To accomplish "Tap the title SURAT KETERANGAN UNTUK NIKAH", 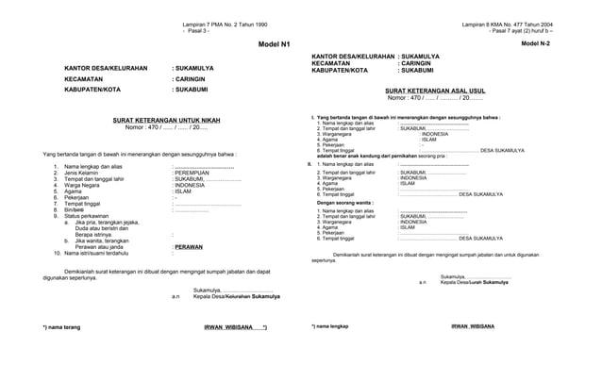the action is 166,120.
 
